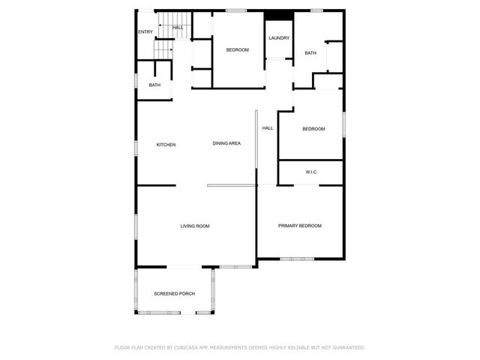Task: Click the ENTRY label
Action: tap(145, 31)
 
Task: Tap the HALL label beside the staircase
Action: tap(178, 28)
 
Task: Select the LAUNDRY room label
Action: tap(278, 37)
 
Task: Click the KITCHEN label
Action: tap(166, 144)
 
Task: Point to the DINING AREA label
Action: tap(226, 143)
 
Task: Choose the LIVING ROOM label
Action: tap(194, 226)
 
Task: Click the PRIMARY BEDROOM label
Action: tap(299, 226)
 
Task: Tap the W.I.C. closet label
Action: tap(311, 172)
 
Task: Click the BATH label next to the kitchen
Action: tap(154, 85)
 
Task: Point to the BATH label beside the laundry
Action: tap(310, 52)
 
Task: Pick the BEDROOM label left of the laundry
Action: tap(238, 49)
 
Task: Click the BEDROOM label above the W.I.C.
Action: tap(313, 129)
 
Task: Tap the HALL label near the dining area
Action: tap(267, 128)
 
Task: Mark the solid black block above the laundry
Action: tap(279, 15)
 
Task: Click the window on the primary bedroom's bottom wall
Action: tap(297, 259)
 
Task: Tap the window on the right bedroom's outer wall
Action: tap(343, 124)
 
